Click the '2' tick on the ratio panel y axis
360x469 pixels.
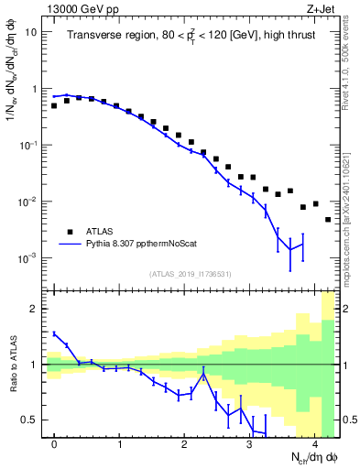tap(36, 309)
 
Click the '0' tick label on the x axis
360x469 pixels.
tap(54, 443)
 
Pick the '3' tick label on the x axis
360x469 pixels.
tap(250, 443)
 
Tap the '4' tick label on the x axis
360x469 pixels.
tap(315, 443)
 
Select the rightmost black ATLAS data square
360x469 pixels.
tap(328, 220)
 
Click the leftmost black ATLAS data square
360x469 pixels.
tap(54, 106)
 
